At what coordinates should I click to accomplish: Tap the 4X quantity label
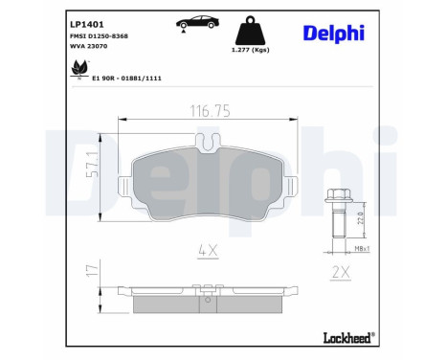pos(208,252)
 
